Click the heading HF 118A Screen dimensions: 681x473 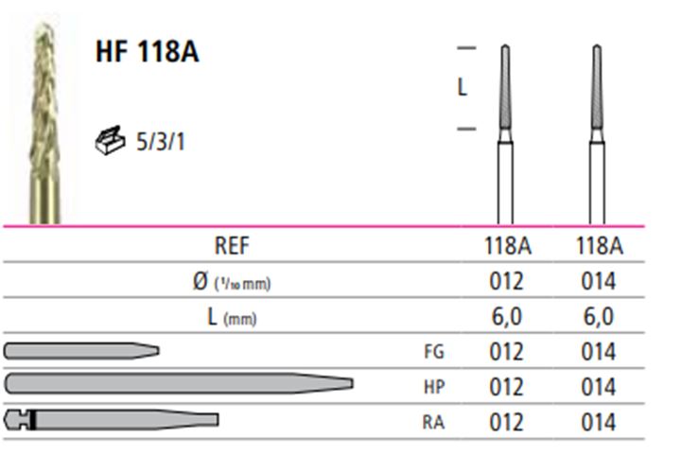tap(148, 52)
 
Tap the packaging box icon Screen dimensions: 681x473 tap(110, 140)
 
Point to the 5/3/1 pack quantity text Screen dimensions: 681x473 tap(161, 142)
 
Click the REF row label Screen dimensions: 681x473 tap(232, 246)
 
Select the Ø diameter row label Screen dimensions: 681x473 tap(232, 282)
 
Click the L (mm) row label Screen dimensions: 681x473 tap(232, 317)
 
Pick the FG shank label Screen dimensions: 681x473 tap(434, 352)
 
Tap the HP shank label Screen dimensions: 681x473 tap(434, 387)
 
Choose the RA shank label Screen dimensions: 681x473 tap(433, 422)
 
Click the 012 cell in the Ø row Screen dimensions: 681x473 tap(506, 282)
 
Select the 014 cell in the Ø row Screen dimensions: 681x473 tap(599, 282)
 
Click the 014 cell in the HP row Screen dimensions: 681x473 tap(599, 387)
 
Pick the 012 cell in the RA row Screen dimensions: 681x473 tap(506, 422)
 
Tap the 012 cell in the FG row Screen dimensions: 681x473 tap(506, 352)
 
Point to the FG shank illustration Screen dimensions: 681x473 tap(81, 351)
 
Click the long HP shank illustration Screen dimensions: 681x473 tap(179, 383)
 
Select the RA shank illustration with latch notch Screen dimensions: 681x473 tap(112, 420)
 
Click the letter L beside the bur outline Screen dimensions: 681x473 tap(463, 88)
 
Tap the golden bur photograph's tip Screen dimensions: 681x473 tap(44, 25)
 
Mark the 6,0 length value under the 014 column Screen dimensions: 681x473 tap(599, 317)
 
